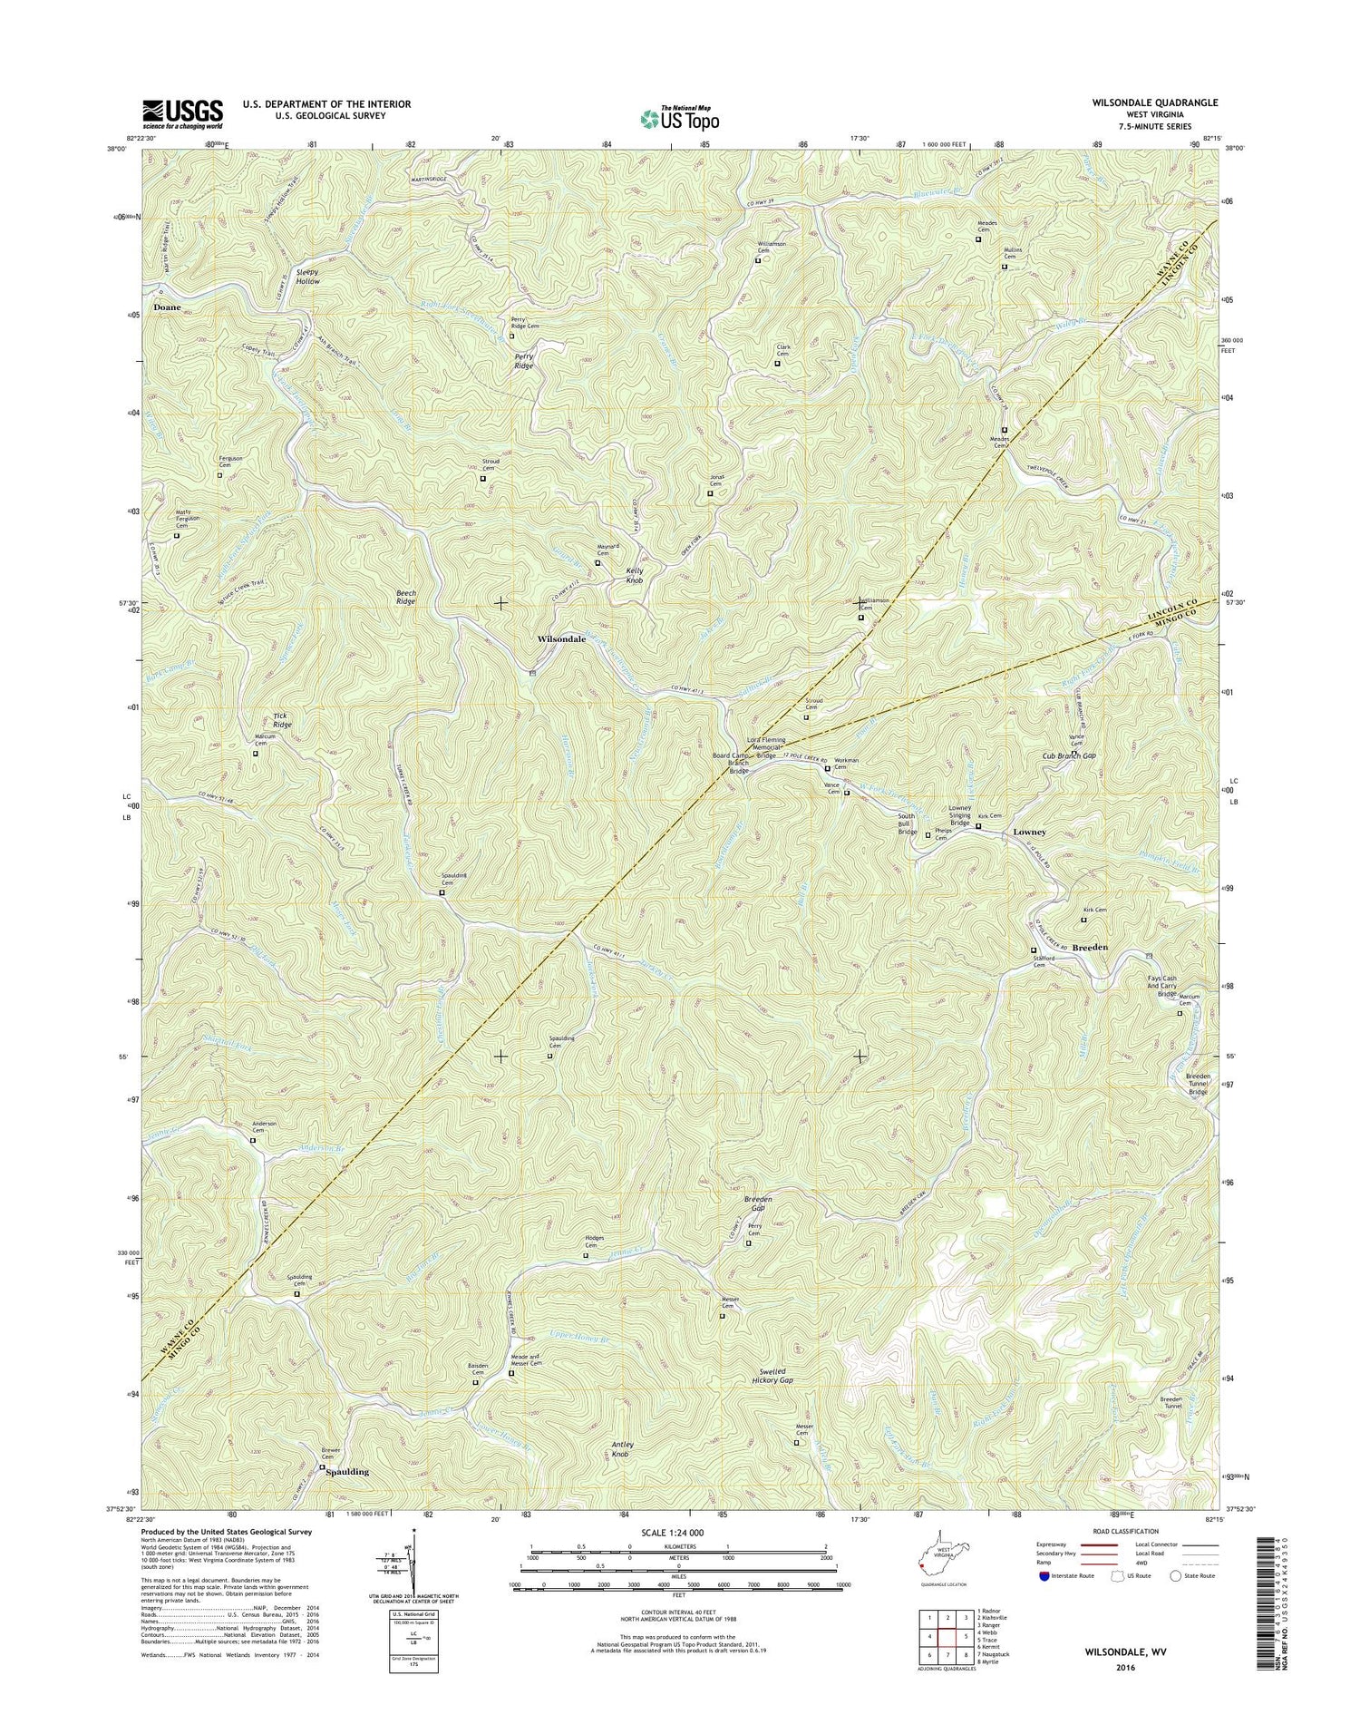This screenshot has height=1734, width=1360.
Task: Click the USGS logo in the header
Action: pos(181,111)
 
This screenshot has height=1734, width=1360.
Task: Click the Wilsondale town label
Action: pos(561,639)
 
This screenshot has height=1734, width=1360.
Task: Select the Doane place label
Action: pos(167,307)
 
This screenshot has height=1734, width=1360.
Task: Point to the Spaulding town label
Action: pos(347,1472)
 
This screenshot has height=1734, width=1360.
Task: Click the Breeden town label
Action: pos(1090,947)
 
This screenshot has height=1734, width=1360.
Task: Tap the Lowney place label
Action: pos(1029,832)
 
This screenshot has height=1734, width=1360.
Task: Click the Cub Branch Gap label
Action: pos(1069,755)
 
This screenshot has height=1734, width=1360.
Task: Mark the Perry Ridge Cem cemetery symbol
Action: pos(511,336)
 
